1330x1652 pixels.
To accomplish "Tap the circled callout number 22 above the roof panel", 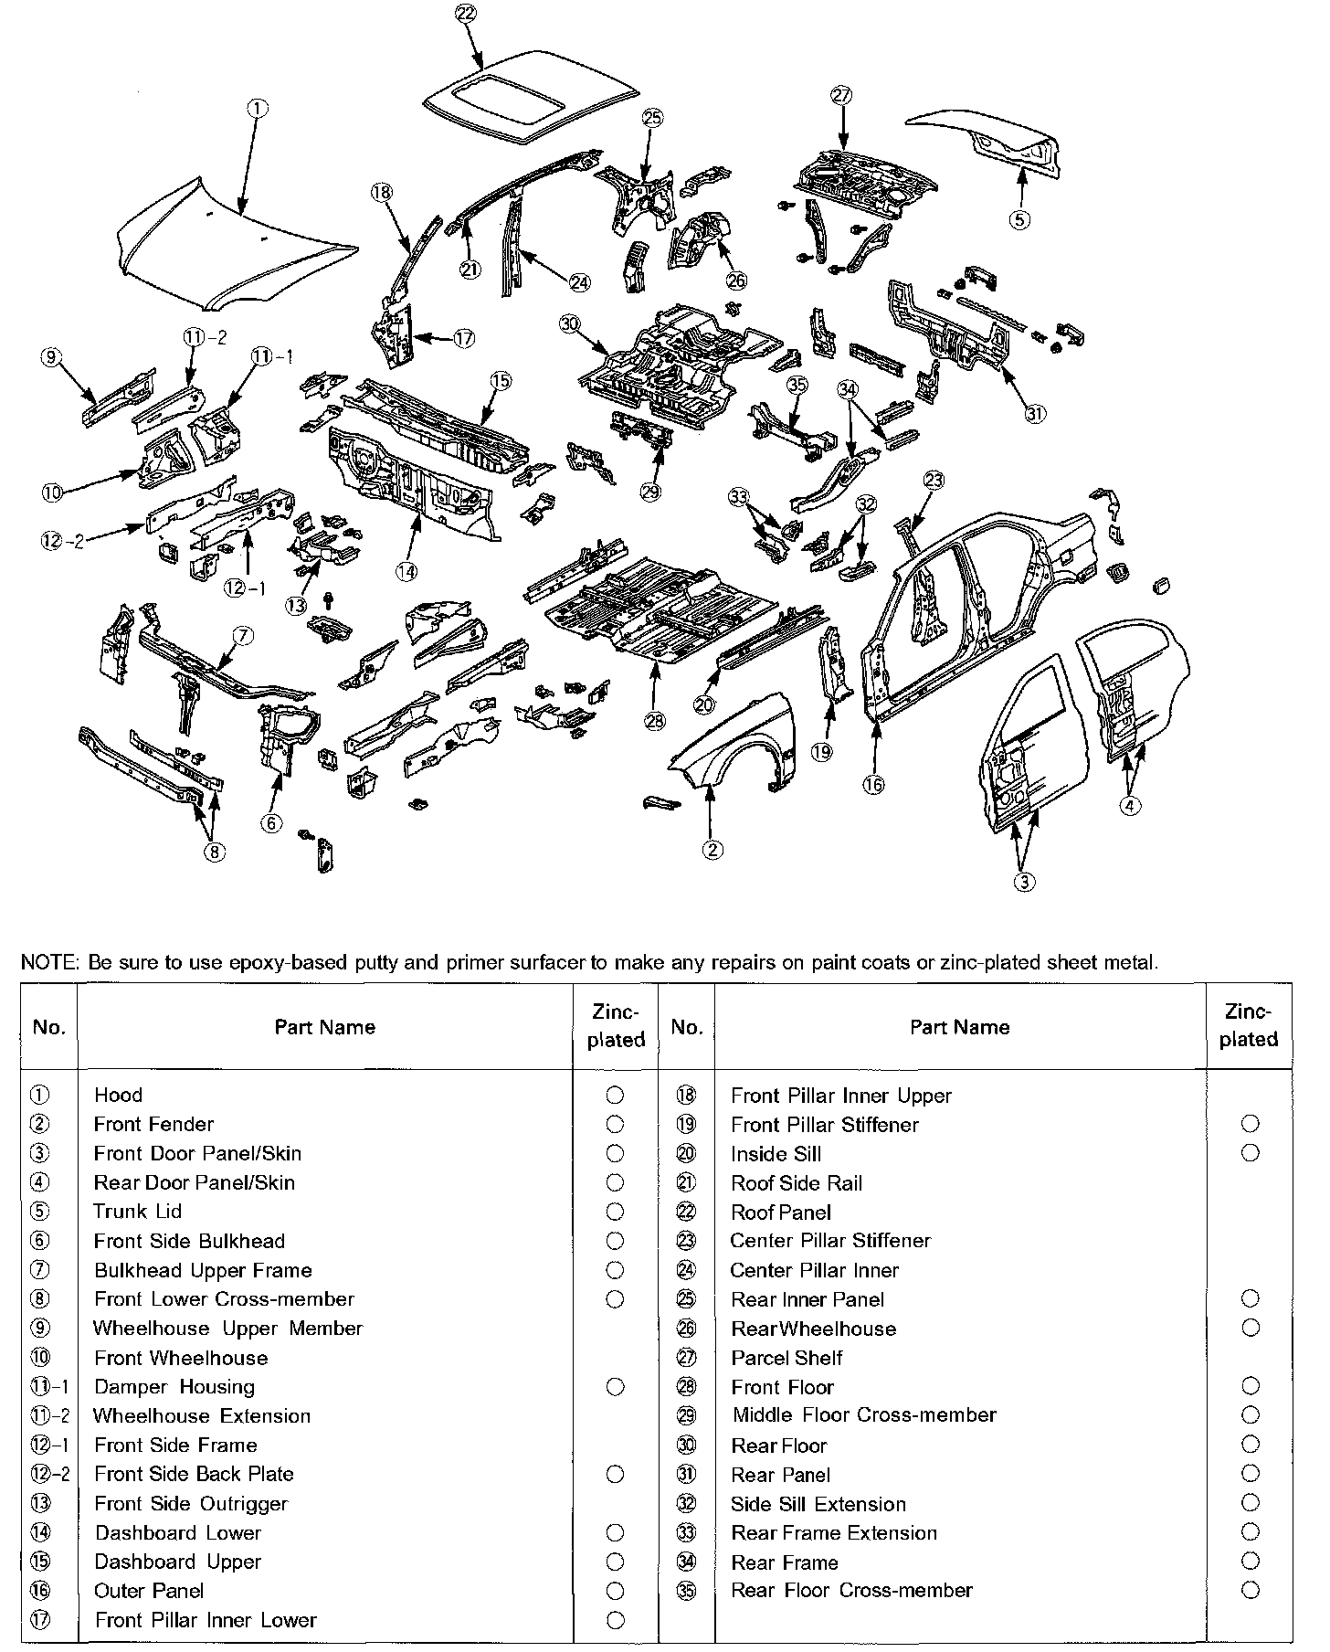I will click(465, 13).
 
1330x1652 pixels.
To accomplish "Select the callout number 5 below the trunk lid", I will click(1020, 219).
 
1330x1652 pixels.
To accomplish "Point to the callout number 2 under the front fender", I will click(712, 850).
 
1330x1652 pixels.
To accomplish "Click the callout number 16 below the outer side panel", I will click(874, 784).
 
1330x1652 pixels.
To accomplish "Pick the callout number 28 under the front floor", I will click(655, 721).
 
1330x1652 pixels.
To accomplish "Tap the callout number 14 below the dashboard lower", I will click(406, 571).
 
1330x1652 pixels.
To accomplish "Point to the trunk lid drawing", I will click(987, 137).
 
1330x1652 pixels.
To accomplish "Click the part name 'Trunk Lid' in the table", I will click(138, 1212).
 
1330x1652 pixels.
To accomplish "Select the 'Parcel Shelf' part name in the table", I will click(786, 1358).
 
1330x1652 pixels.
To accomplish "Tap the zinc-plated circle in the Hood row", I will click(615, 1095).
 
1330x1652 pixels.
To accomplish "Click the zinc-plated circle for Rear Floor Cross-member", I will click(1251, 1591).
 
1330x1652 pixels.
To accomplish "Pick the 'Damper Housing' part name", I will click(174, 1387).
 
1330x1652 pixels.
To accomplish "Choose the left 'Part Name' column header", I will click(324, 1027).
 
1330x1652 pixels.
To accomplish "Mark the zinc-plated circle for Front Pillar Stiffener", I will click(1251, 1124).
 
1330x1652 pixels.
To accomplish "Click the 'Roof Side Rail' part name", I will click(797, 1183).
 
